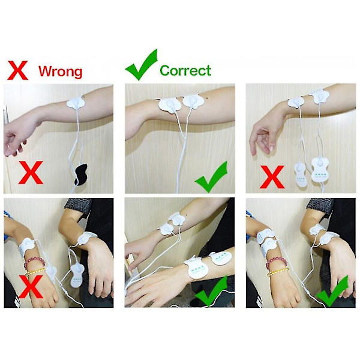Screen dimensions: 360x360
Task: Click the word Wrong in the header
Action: (61, 71)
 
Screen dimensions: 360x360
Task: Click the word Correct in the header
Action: (185, 70)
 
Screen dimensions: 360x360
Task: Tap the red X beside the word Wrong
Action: (17, 70)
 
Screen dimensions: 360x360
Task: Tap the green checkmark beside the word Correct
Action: (142, 65)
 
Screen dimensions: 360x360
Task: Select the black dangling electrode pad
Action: (81, 175)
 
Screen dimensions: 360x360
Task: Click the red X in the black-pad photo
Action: (31, 172)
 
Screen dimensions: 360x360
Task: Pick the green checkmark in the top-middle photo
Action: (212, 177)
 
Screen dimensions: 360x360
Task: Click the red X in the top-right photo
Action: (272, 177)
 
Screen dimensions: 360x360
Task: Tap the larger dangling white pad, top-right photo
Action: (320, 169)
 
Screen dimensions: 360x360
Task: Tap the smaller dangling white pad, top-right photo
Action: (301, 175)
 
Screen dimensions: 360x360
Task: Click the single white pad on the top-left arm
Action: (76, 103)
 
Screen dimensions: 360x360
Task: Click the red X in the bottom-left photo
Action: (31, 287)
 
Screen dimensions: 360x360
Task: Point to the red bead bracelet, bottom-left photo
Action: (34, 262)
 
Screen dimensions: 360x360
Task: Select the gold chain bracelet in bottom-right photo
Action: (278, 272)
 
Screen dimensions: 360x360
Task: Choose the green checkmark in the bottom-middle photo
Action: (211, 291)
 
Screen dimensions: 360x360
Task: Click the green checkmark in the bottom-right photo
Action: (332, 292)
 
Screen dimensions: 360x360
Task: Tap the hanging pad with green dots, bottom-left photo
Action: (77, 275)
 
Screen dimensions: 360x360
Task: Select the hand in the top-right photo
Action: (264, 138)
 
